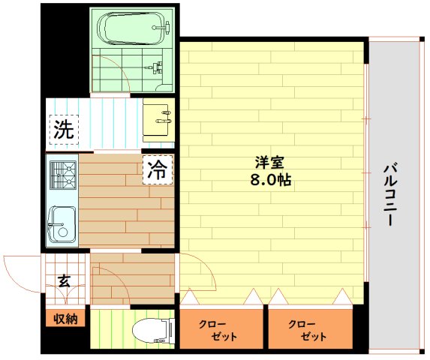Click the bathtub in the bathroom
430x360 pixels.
(134, 28)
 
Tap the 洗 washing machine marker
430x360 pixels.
(64, 130)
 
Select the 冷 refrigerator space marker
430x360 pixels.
(158, 169)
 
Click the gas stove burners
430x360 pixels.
(63, 175)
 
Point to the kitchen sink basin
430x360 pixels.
(62, 223)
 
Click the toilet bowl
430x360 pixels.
(150, 331)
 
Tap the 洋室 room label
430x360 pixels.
(269, 163)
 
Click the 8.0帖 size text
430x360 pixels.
(270, 180)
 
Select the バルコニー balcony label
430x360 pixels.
(390, 195)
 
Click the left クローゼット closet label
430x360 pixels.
(218, 331)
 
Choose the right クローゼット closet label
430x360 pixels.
(308, 331)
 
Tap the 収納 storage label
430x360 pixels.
(65, 319)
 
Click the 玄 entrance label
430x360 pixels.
(64, 281)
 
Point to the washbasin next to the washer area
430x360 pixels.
(158, 120)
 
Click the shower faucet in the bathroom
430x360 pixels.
(155, 67)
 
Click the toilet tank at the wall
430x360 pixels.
(172, 331)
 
